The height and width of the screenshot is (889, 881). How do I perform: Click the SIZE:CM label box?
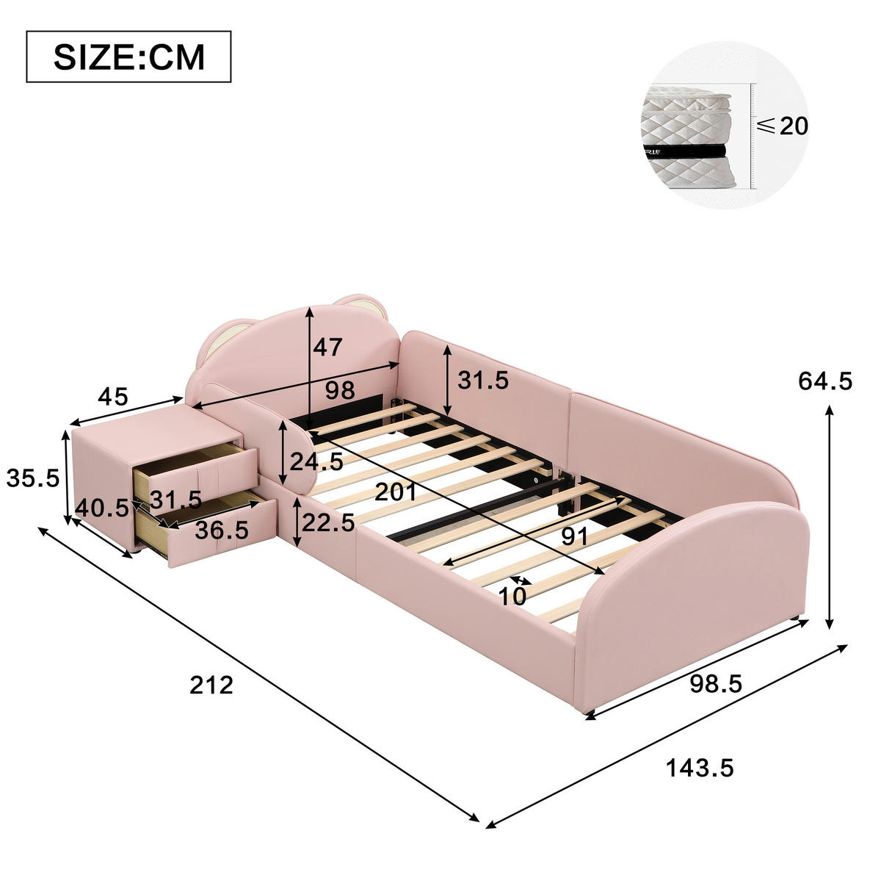pos(128,57)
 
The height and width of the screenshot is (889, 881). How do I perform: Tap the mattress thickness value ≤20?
pos(783,125)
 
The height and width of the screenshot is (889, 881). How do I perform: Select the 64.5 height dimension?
pos(824,381)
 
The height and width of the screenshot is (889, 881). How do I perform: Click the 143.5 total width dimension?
pos(700,768)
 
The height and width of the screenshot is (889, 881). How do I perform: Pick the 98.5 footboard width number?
pos(716,684)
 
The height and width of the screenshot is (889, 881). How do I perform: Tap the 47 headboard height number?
pos(327,347)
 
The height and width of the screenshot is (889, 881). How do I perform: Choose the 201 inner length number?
pos(396,492)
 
